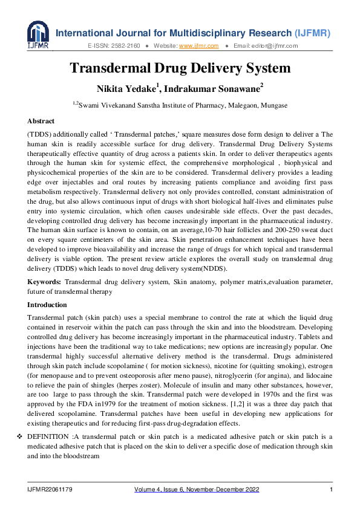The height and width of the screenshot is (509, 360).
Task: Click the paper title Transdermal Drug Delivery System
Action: [180, 68]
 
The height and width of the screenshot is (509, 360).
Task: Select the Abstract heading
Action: [41, 121]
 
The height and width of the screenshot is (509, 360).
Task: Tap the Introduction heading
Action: [47, 305]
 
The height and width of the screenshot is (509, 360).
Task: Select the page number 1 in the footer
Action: [330, 489]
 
